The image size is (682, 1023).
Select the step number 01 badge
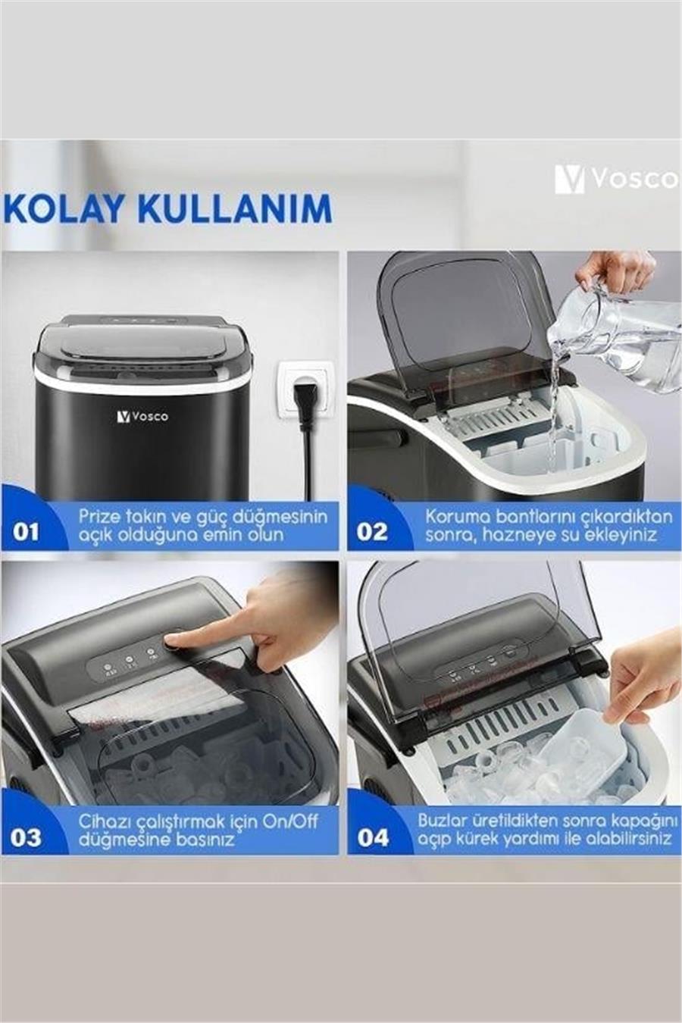(26, 531)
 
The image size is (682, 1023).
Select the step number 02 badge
(372, 531)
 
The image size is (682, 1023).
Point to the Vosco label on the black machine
(142, 416)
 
